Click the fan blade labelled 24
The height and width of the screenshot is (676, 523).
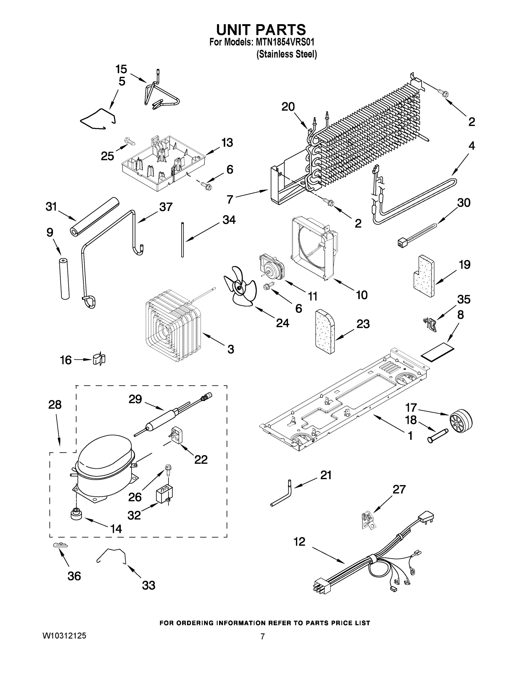tap(239, 287)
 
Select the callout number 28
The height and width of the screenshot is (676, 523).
tap(55, 404)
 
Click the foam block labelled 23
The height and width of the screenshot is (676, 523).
tap(324, 331)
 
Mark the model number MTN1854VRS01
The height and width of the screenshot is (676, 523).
tap(285, 42)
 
